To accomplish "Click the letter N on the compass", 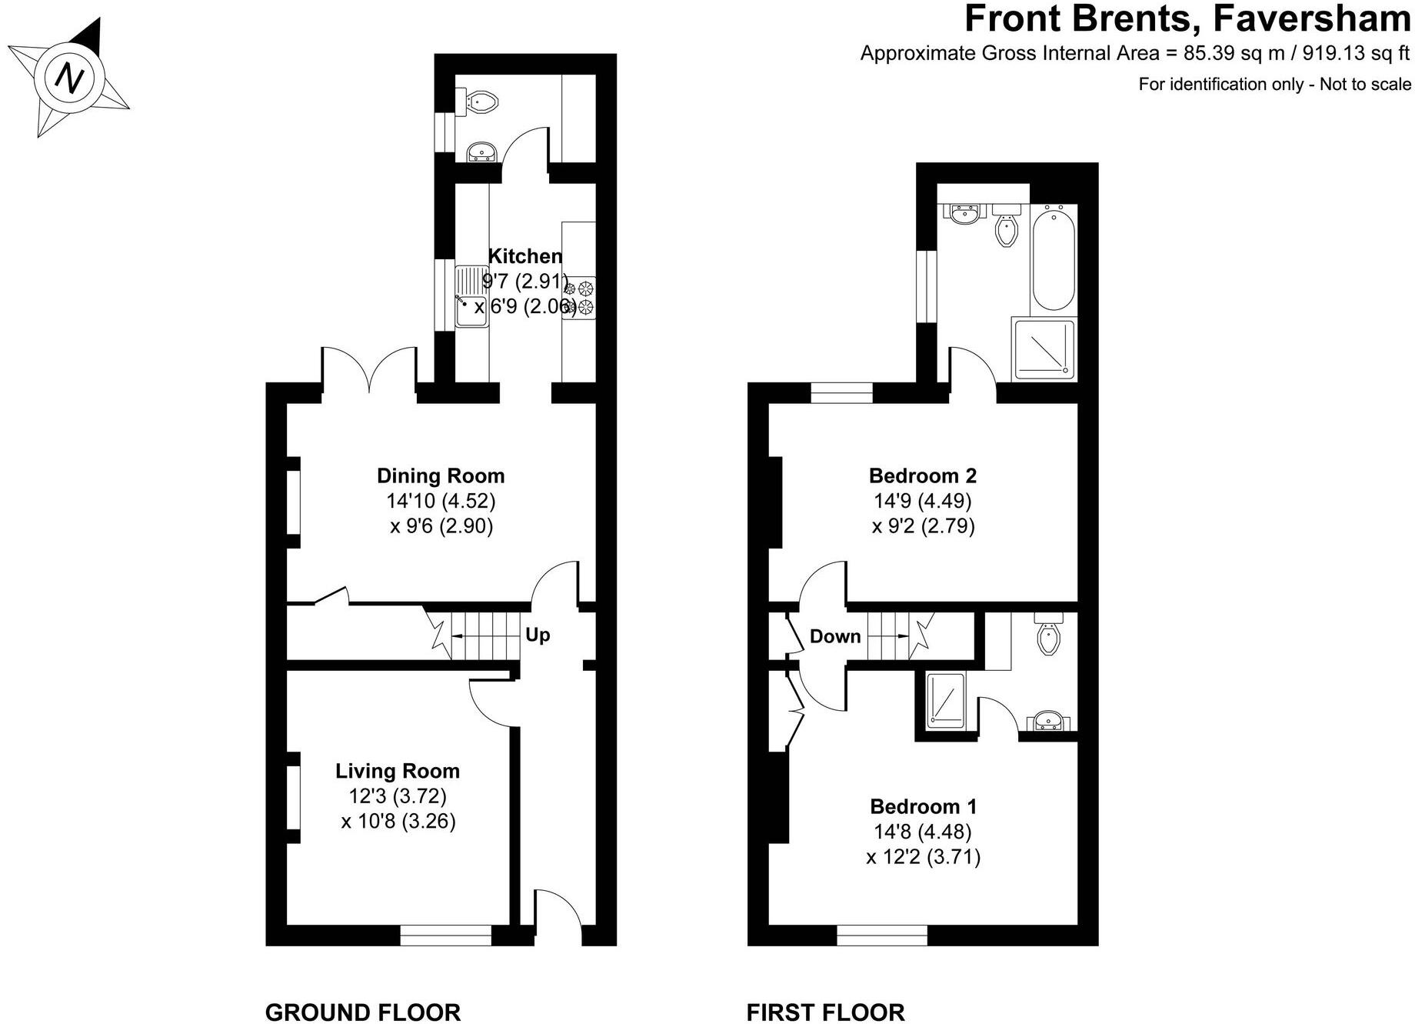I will [x=70, y=78].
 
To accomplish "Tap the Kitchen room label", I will [x=525, y=255].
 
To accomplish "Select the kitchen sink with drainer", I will [x=471, y=297].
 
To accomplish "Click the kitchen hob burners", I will [x=580, y=298].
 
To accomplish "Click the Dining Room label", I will [x=441, y=475].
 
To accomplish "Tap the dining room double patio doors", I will [x=369, y=368].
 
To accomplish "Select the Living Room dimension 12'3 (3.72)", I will [x=397, y=796].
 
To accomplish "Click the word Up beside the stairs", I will [x=538, y=635].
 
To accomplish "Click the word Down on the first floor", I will [x=834, y=636].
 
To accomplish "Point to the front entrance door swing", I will [x=558, y=916].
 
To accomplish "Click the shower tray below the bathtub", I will [x=1044, y=350].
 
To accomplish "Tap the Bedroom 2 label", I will [x=922, y=475].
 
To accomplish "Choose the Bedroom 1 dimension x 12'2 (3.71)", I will [x=923, y=856].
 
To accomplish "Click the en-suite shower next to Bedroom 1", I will [x=945, y=699].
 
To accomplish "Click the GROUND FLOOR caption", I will [x=362, y=1012].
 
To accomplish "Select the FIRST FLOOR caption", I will [x=825, y=1012].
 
